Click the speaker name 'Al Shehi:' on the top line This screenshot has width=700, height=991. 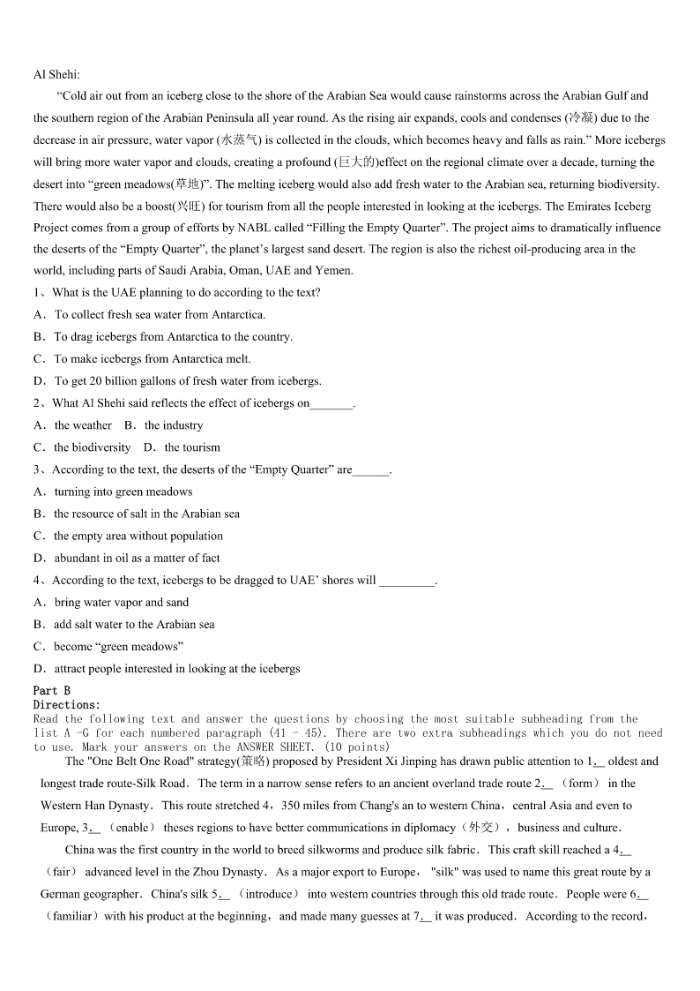pos(56,74)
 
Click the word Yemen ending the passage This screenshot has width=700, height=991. pos(335,271)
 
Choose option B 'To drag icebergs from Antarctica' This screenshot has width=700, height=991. pos(173,337)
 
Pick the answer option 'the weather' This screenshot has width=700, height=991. pos(83,425)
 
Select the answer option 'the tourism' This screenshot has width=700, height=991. pos(192,447)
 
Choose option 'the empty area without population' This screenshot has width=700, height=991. pos(138,536)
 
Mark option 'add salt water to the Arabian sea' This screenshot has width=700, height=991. pos(134,624)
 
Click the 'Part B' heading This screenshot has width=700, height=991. pos(52,690)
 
